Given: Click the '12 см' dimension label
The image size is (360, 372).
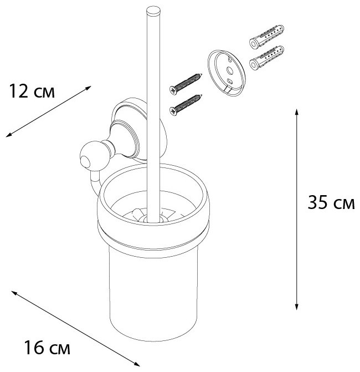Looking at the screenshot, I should pyautogui.click(x=32, y=91).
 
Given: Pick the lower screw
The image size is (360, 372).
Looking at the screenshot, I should pyautogui.click(x=185, y=104).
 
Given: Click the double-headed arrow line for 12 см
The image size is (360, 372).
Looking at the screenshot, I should pyautogui.click(x=49, y=111).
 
